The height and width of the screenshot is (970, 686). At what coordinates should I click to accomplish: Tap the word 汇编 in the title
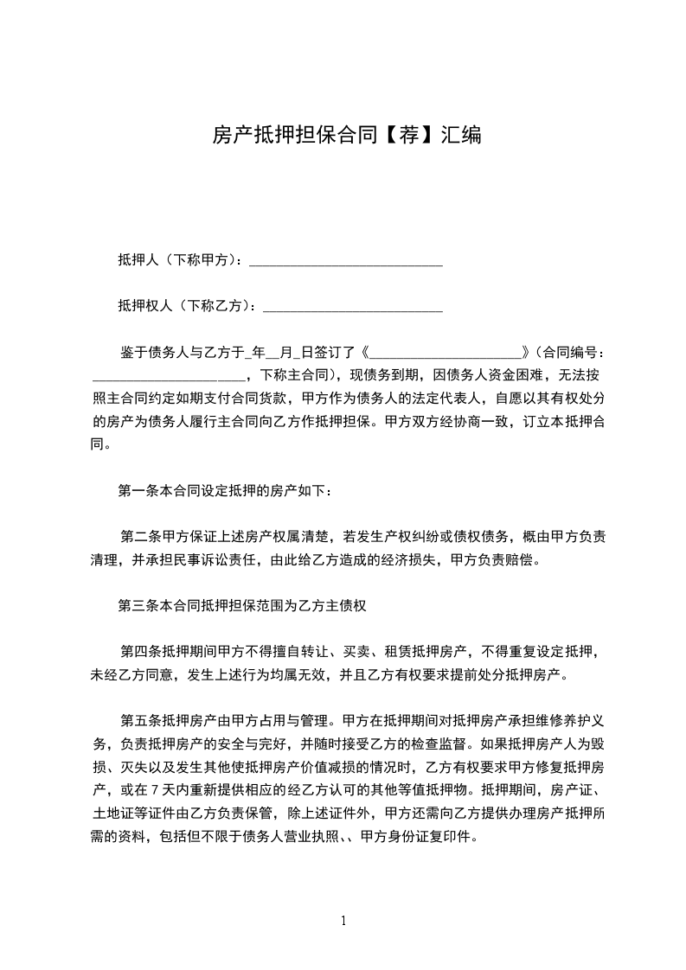(460, 135)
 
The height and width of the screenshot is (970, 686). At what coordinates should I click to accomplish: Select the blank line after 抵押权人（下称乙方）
(352, 306)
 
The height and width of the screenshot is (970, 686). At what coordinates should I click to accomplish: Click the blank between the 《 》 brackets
(448, 352)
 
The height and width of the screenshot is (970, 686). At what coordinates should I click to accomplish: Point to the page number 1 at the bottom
(343, 920)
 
